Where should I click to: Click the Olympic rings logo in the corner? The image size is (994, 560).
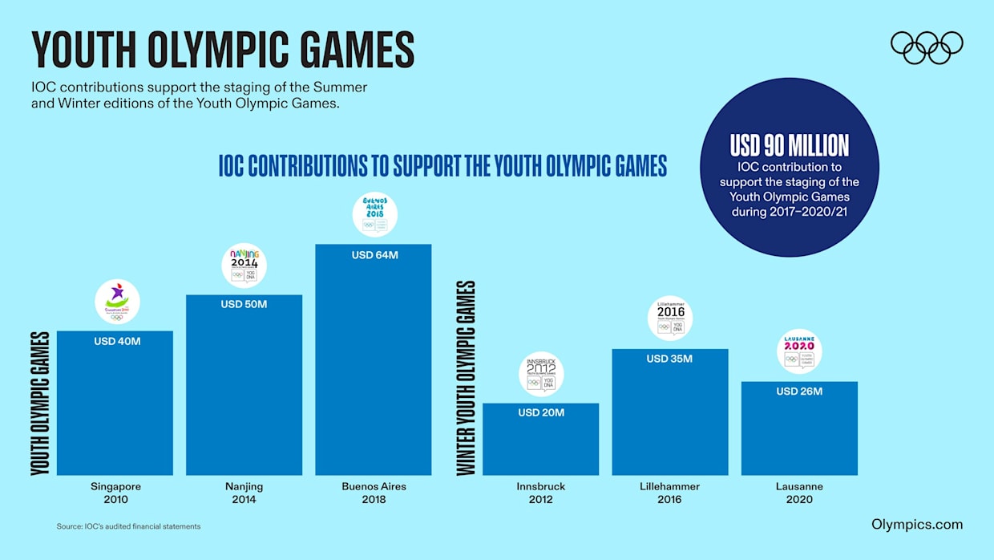pyautogui.click(x=927, y=47)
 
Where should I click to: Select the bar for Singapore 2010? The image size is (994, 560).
pyautogui.click(x=115, y=409)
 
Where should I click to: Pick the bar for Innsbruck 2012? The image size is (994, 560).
pyautogui.click(x=540, y=445)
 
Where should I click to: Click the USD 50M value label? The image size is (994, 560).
pyautogui.click(x=244, y=305)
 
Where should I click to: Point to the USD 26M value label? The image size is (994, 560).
pyautogui.click(x=799, y=392)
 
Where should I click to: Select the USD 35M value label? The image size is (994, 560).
pyautogui.click(x=669, y=359)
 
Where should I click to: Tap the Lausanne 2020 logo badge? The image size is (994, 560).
pyautogui.click(x=799, y=351)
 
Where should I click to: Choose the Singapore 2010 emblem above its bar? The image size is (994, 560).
pyautogui.click(x=117, y=302)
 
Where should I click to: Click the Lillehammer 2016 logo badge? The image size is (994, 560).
pyautogui.click(x=669, y=319)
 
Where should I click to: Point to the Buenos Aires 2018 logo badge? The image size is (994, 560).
pyautogui.click(x=374, y=214)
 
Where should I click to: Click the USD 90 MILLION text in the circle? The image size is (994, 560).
pyautogui.click(x=789, y=145)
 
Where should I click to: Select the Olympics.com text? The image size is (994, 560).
pyautogui.click(x=917, y=525)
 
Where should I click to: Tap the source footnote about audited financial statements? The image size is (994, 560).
pyautogui.click(x=128, y=526)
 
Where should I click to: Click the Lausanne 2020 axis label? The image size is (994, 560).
pyautogui.click(x=799, y=493)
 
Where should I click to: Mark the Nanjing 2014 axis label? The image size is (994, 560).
pyautogui.click(x=244, y=493)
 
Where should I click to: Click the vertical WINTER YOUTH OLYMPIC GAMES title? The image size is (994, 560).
pyautogui.click(x=467, y=377)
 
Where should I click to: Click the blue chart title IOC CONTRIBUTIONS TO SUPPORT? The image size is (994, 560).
pyautogui.click(x=442, y=165)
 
